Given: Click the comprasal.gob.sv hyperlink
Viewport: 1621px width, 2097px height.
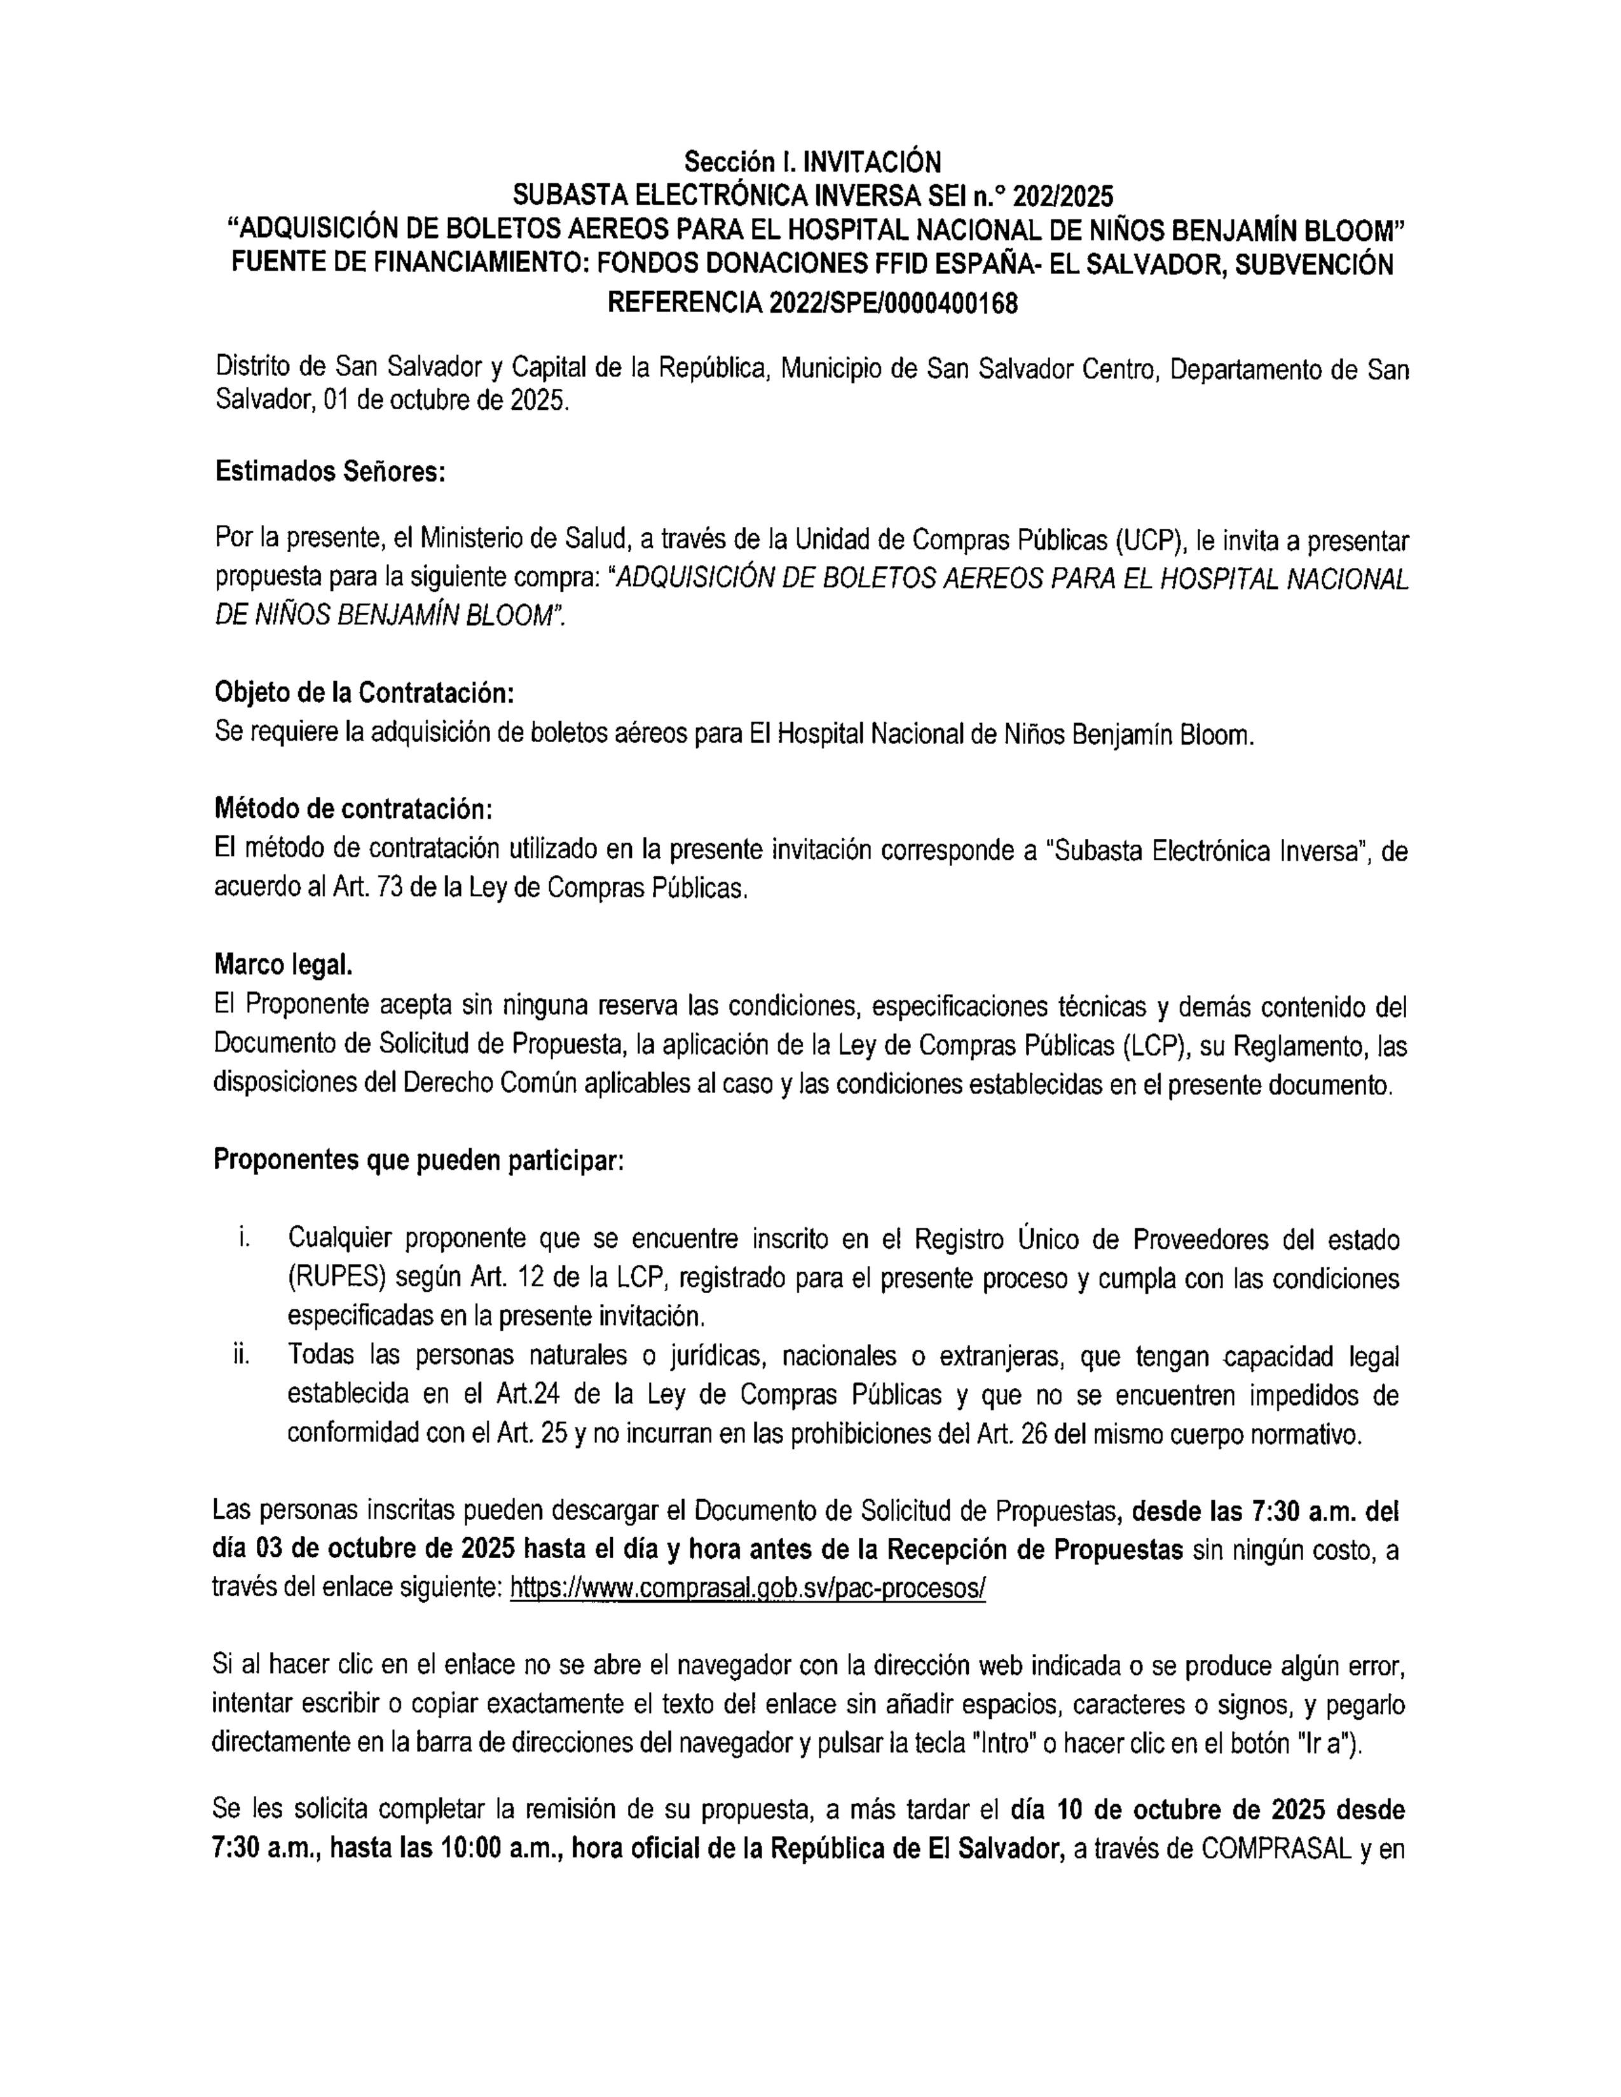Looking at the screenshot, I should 747,1588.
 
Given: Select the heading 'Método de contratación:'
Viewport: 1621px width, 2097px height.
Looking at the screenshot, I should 352,810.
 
